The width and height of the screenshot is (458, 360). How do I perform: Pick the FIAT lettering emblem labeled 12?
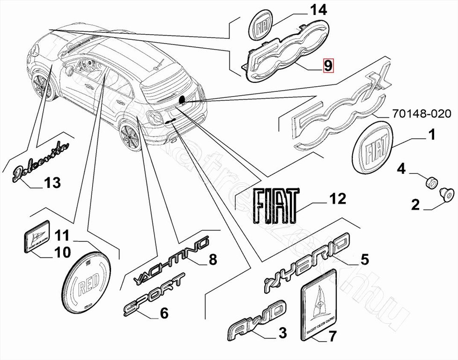[276, 205]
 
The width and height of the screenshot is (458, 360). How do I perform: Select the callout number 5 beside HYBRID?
[364, 259]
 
